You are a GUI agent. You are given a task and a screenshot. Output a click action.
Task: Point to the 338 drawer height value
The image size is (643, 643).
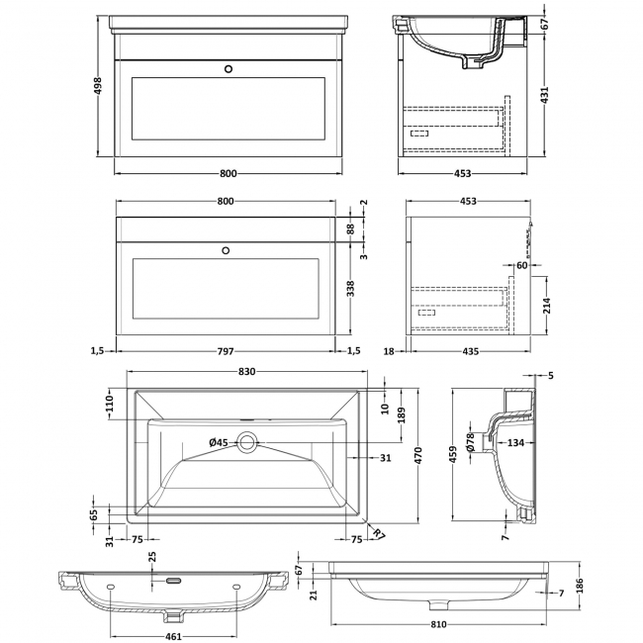[x=349, y=289]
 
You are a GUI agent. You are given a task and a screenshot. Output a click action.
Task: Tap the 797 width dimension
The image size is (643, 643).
[x=227, y=350]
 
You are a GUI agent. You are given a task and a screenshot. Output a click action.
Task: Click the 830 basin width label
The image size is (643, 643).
[x=247, y=372]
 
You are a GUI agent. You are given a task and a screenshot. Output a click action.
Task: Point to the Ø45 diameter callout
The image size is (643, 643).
[x=218, y=442]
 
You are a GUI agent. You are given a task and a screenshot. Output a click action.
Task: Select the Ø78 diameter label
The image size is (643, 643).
[x=471, y=441]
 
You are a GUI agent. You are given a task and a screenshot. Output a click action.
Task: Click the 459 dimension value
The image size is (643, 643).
[x=454, y=455]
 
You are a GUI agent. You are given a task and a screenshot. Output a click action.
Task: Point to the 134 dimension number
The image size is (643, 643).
[x=514, y=442]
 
